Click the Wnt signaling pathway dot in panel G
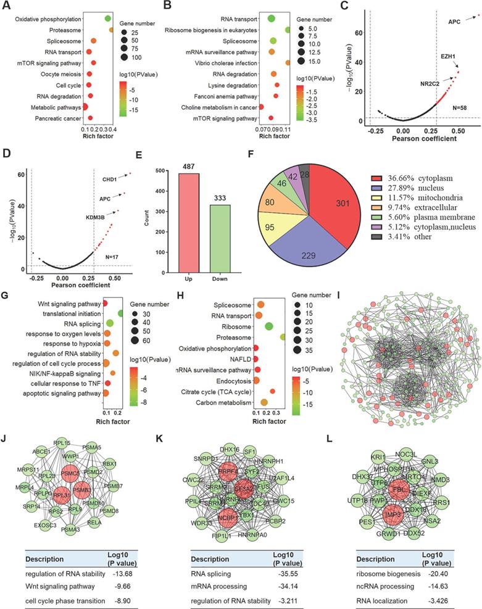(105, 304)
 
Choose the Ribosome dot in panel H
(269, 326)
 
